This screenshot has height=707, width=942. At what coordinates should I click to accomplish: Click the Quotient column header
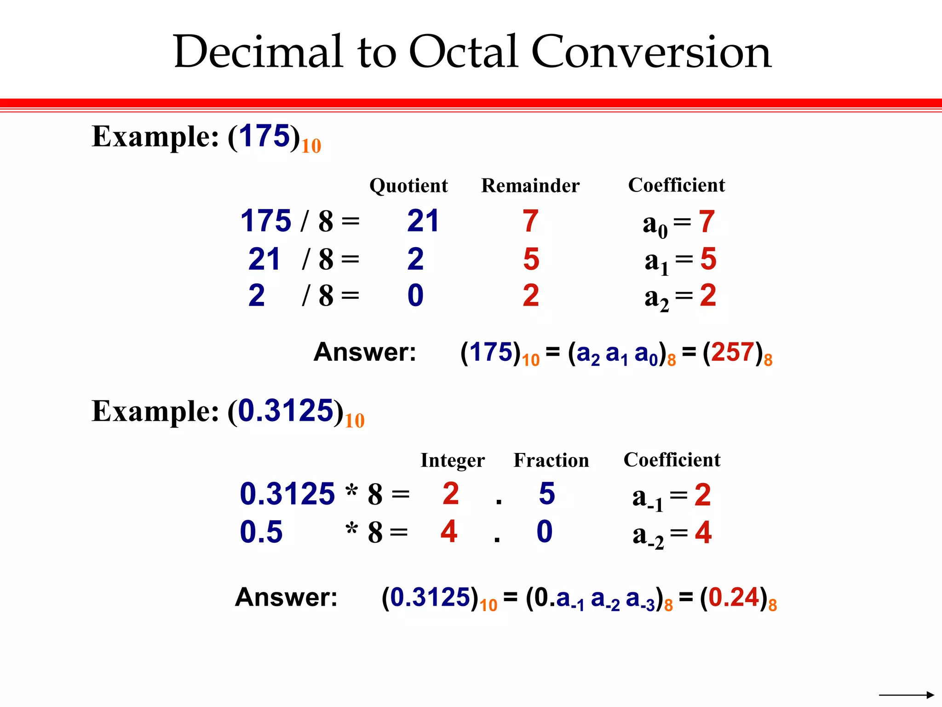coord(408,186)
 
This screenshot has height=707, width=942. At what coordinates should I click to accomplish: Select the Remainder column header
coord(530,186)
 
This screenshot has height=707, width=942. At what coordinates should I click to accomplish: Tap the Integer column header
coord(453,461)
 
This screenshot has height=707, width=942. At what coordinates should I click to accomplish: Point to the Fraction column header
coord(551,461)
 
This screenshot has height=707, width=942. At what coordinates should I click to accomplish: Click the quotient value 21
coord(423,221)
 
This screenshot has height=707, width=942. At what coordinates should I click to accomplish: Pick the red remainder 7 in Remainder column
coord(530,221)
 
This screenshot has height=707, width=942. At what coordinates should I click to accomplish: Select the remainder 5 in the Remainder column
coord(531,259)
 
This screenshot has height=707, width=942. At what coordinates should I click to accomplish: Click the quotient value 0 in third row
coord(415,296)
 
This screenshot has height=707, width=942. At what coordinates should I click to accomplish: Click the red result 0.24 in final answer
coord(734,597)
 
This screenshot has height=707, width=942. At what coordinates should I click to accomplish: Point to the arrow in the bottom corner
coord(906,695)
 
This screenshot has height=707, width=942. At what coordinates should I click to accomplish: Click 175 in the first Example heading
coord(264,136)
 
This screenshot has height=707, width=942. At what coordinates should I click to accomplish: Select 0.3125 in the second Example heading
coord(286,411)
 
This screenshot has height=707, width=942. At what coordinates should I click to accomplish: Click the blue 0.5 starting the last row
coord(261,532)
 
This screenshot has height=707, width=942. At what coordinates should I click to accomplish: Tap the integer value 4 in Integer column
coord(449,532)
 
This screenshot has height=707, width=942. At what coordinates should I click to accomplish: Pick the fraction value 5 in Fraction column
coord(547,494)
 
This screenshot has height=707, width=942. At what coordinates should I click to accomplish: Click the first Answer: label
coord(365,353)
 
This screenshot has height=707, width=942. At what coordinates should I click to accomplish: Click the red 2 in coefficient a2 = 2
coord(708,296)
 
